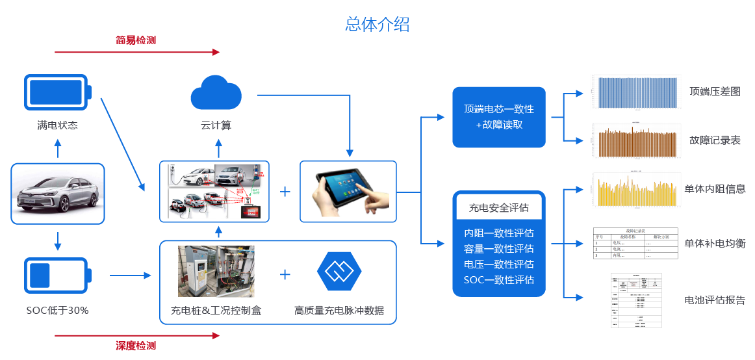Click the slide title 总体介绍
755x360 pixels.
pyautogui.click(x=377, y=25)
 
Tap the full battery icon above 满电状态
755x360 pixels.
pyautogui.click(x=58, y=92)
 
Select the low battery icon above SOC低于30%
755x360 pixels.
pyautogui.click(x=58, y=276)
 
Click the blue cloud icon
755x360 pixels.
pyautogui.click(x=216, y=93)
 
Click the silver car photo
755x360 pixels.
pyautogui.click(x=58, y=194)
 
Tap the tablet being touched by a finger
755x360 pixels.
pyautogui.click(x=348, y=190)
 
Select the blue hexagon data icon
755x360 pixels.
pyautogui.click(x=339, y=272)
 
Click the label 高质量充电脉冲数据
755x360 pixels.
pyautogui.click(x=339, y=311)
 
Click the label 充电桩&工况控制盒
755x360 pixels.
pyautogui.click(x=216, y=311)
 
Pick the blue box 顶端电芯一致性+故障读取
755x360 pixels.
pyautogui.click(x=498, y=117)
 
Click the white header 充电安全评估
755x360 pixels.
pyautogui.click(x=498, y=208)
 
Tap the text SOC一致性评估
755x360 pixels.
pyautogui.click(x=498, y=280)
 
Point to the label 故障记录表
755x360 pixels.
pyautogui.click(x=715, y=140)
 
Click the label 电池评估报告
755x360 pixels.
pyautogui.click(x=715, y=300)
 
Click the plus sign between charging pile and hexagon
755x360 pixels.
pyautogui.click(x=285, y=274)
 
